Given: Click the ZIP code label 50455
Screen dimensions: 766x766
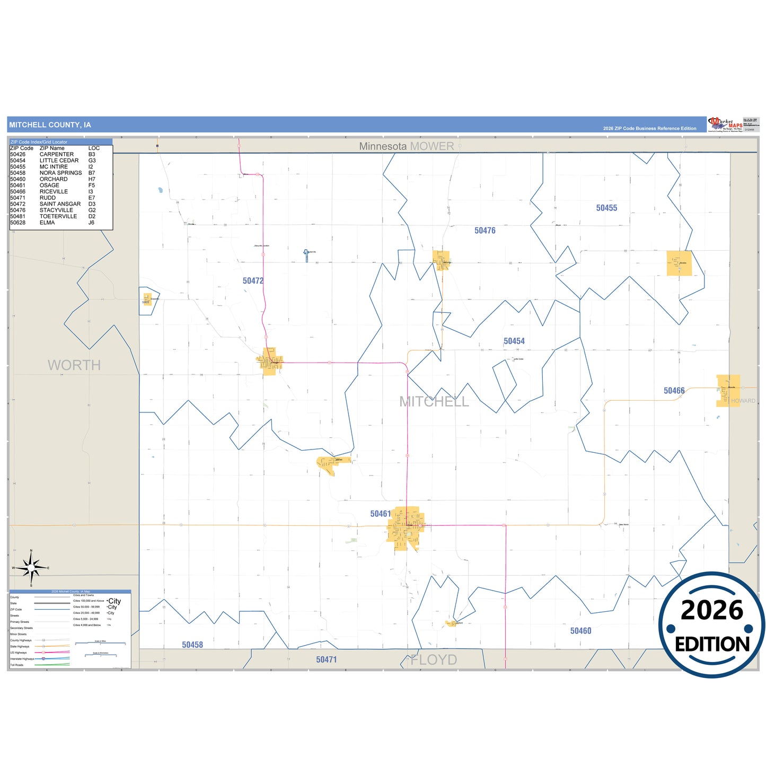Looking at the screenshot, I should pos(606,208).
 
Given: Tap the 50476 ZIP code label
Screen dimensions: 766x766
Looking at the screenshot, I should pos(485,231).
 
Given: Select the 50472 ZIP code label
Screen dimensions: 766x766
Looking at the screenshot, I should pos(253,281).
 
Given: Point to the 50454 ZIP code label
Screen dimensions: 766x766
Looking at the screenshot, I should pos(514,341).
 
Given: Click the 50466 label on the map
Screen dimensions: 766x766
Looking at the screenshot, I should pos(674,391).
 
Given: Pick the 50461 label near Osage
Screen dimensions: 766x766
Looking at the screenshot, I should pos(380,514).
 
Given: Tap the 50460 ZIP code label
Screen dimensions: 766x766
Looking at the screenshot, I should pos(580,631).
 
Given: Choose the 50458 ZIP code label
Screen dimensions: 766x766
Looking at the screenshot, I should pos(192,645).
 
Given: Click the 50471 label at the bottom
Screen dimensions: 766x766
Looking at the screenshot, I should pos(326,659).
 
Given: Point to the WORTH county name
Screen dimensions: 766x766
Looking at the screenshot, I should pos(74,365).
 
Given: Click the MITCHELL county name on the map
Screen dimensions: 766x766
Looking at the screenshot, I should pos(434,402).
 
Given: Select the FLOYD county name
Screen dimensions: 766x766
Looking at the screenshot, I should pos(434,660).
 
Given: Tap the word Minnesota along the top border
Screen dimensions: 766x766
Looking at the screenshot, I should pos(383,146).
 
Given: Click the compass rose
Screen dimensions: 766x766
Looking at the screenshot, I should pos(31,568).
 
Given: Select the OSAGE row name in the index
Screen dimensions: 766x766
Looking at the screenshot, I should pos(49,186).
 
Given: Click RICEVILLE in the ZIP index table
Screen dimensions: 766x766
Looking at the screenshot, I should pos(54,192).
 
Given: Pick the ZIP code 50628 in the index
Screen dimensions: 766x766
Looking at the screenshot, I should pos(17,223).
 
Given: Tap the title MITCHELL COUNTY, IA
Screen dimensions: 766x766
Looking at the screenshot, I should pos(50,125).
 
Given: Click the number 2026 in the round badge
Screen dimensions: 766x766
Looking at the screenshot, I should pos(712,610).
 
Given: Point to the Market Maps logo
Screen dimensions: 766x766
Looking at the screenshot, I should pos(725,125).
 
